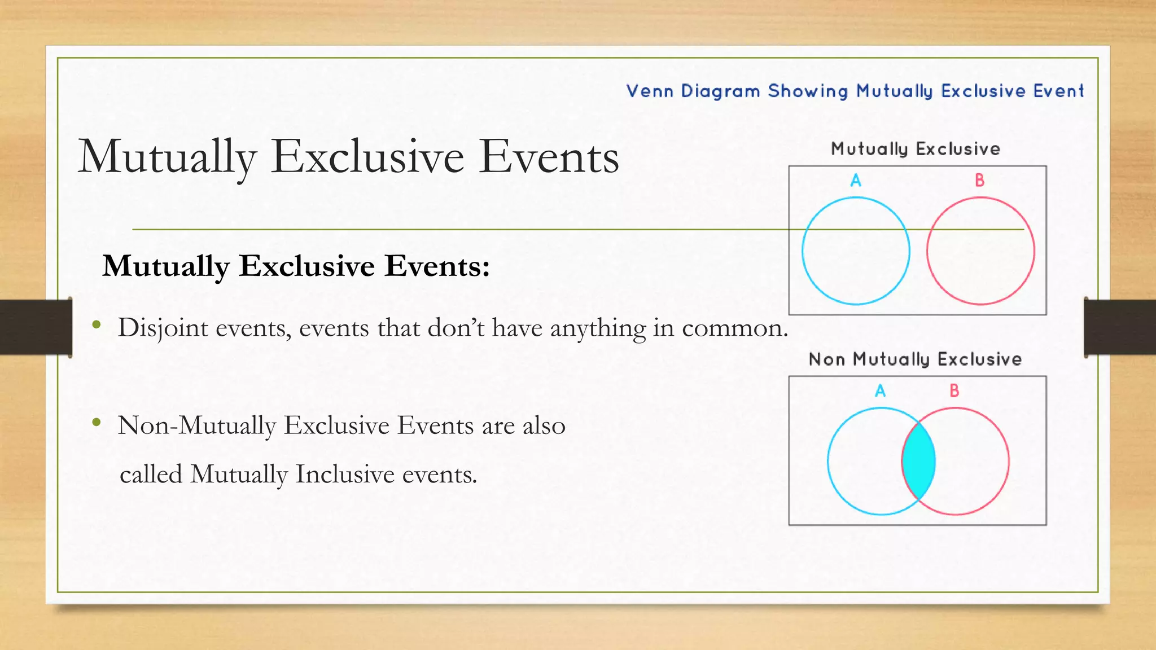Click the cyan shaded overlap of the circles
918,461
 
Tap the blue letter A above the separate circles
856,181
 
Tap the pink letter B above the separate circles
979,181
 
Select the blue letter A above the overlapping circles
880,390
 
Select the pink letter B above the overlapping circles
954,390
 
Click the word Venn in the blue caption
650,91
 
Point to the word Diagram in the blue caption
720,91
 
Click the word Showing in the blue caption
808,91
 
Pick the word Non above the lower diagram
826,359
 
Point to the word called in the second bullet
151,475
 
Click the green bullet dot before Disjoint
97,324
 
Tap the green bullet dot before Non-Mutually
97,422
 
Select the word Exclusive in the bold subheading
306,266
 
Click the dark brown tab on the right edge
1120,327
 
